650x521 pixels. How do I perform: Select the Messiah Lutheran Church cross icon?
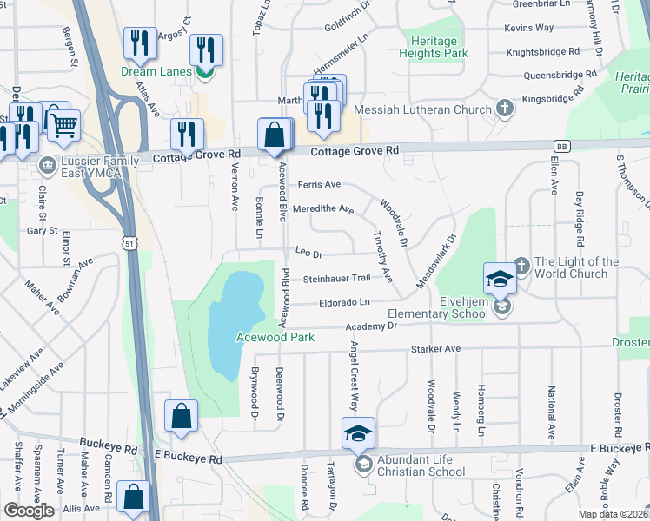click(x=504, y=109)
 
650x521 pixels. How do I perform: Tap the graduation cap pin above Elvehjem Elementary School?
click(x=501, y=278)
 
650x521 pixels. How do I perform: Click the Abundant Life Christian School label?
click(x=421, y=467)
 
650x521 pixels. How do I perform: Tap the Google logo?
click(x=29, y=511)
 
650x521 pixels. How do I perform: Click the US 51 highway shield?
click(x=129, y=246)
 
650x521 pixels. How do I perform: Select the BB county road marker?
click(x=562, y=147)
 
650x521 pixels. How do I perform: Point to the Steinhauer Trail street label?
click(x=337, y=279)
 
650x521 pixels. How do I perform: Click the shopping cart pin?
click(x=63, y=125)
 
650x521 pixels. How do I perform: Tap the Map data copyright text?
click(x=614, y=514)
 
